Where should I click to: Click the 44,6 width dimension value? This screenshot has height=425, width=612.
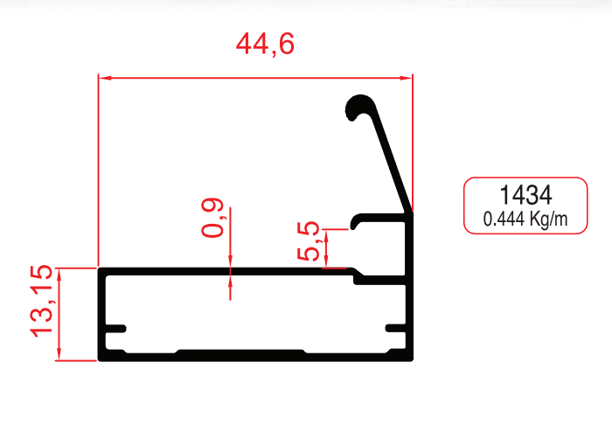pos(265,45)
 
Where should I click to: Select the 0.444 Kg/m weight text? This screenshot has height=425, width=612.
pos(524,219)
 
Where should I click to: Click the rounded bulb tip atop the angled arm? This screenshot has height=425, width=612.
pos(358,107)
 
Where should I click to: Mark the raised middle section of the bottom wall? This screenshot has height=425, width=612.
pos(240,352)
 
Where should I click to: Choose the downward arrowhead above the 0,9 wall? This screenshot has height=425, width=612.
pos(230,261)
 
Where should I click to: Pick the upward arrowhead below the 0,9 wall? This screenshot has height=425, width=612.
pos(230,281)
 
